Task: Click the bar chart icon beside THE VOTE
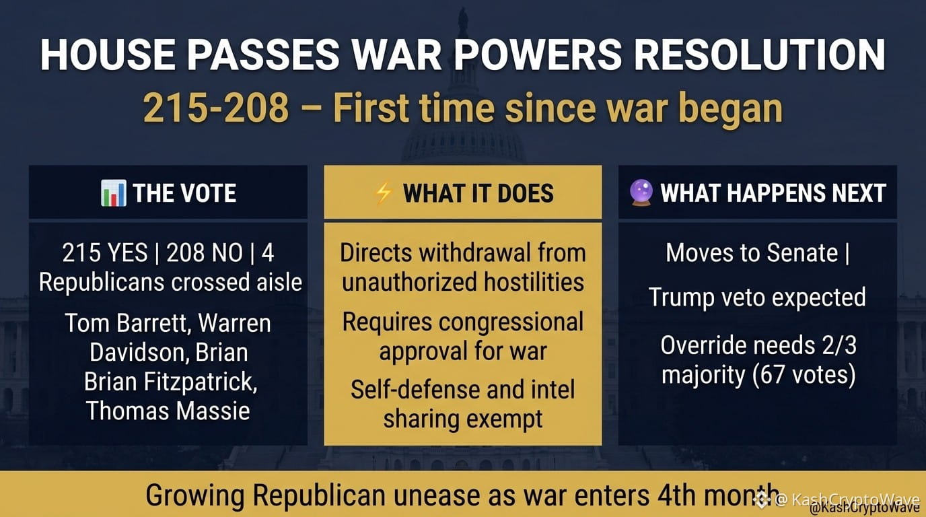113,193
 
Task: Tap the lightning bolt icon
382,193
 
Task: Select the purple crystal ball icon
641,193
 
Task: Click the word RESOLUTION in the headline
759,55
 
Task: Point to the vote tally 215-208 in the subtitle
216,108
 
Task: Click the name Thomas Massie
168,411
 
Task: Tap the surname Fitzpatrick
200,381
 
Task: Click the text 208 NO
204,252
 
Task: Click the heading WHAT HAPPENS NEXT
773,193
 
